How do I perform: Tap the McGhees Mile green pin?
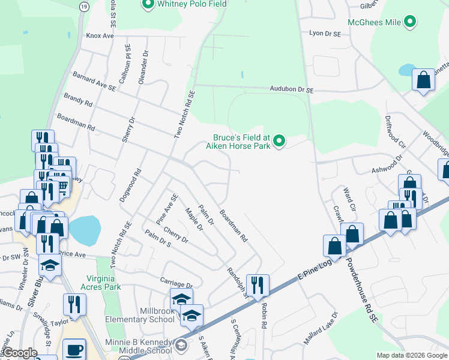tap(411, 23)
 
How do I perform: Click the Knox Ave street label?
tap(100, 36)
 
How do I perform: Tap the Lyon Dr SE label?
tap(324, 34)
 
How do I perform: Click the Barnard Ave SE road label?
tap(94, 82)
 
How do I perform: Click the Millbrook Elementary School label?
tap(140, 316)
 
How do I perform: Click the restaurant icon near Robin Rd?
tap(258, 285)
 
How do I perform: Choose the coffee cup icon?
tap(74, 349)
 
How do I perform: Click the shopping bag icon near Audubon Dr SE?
tap(423, 80)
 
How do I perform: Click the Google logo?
tap(20, 353)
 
